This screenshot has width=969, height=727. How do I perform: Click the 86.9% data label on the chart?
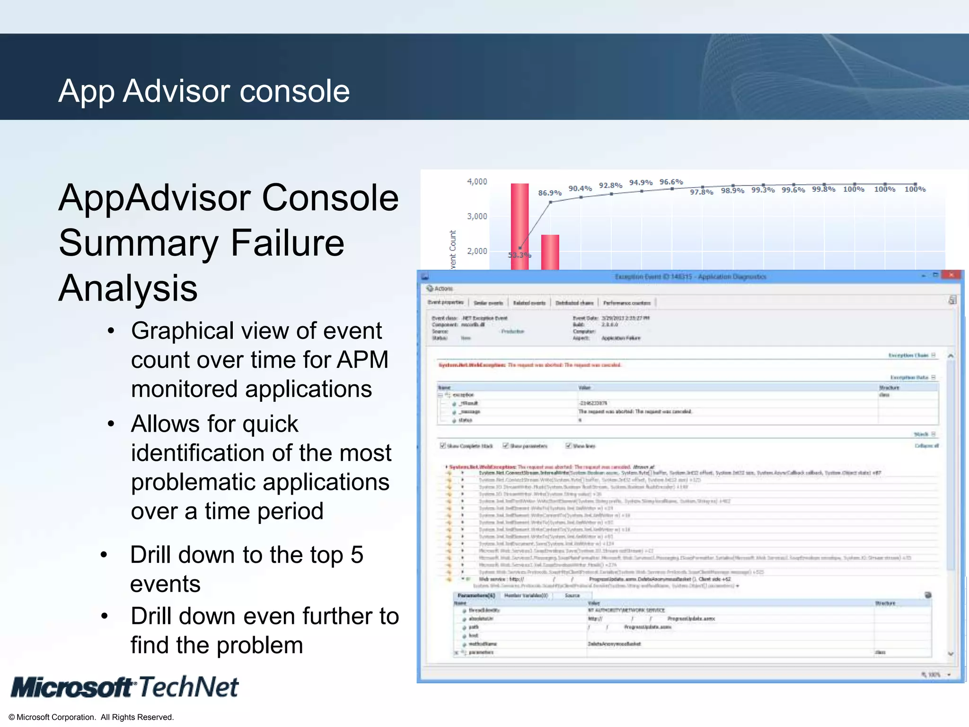coord(549,193)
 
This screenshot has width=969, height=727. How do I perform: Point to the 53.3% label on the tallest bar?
coord(520,255)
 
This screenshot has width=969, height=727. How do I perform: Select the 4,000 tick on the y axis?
coord(477,182)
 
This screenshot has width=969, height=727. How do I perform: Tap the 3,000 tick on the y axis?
coord(477,216)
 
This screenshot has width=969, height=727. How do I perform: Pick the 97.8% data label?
coord(701,192)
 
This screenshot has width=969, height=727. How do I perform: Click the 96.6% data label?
coord(671,182)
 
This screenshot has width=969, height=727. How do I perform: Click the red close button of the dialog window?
coord(951,275)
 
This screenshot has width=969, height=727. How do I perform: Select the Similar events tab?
coord(488,303)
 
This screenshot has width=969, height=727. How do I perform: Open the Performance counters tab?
coord(627,303)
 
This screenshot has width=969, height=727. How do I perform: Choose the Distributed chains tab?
coord(574,303)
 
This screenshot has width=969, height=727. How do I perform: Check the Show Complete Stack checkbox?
coord(443,446)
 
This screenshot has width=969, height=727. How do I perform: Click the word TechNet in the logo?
coord(188,687)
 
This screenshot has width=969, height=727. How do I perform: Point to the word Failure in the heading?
coord(287,243)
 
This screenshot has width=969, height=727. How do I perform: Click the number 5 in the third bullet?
coord(357,555)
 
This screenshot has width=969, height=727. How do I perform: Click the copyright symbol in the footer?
coord(12,718)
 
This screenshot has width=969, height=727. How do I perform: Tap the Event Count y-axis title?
coord(453,250)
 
